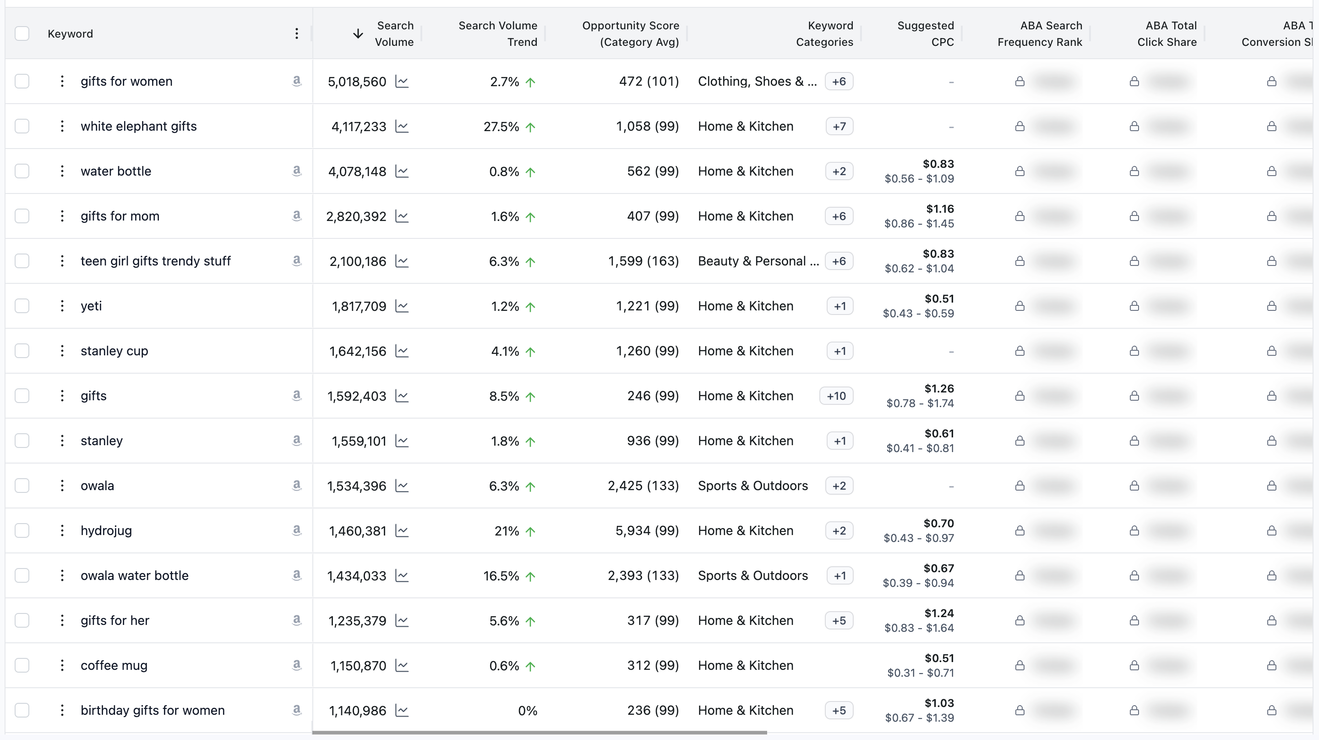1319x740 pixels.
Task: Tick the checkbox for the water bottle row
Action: point(22,171)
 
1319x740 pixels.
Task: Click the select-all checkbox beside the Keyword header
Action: point(22,34)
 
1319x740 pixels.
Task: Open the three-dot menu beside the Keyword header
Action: point(296,34)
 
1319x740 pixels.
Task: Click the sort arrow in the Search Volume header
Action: point(358,34)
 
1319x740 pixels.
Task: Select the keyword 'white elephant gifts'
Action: point(138,127)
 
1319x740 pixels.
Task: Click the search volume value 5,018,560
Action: point(357,82)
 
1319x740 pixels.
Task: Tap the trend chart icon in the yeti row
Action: point(402,306)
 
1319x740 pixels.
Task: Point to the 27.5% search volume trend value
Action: point(501,127)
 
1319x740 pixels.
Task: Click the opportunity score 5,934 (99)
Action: point(647,531)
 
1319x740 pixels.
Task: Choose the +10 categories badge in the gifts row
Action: point(836,396)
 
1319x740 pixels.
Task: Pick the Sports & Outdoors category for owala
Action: point(752,486)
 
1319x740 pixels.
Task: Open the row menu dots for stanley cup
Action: point(62,351)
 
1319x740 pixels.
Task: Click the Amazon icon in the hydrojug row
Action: point(296,530)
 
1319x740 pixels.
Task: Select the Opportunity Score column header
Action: point(630,34)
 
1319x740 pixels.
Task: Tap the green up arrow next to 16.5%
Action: point(530,576)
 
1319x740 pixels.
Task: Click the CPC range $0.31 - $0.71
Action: point(920,673)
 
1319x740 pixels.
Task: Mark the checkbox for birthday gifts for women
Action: point(22,710)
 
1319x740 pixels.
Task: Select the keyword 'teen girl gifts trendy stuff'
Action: point(156,261)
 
